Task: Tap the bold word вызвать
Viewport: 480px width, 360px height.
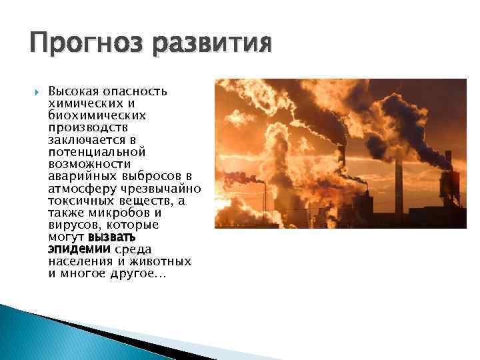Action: click(112, 237)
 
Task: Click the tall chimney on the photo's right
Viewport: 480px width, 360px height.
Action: click(399, 180)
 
